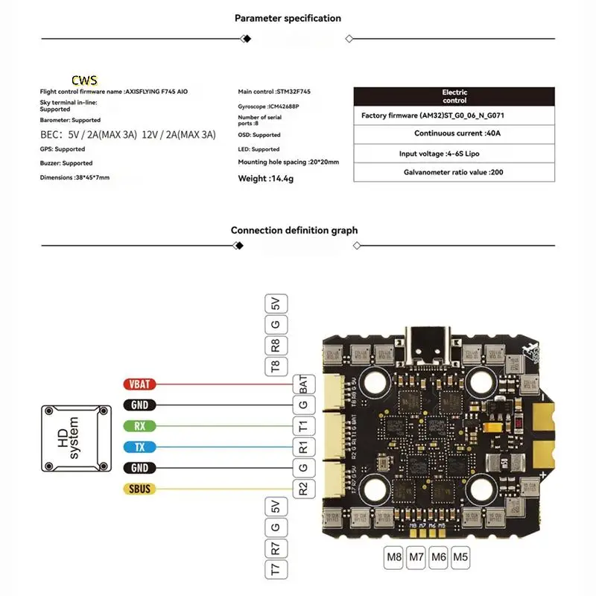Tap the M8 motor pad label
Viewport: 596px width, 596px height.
[x=393, y=556]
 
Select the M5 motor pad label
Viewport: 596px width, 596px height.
[x=460, y=556]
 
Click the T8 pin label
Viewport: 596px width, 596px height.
[x=276, y=365]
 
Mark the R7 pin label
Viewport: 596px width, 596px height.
[x=276, y=550]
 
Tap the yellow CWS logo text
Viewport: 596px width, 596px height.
[x=84, y=80]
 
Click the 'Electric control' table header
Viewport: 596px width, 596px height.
[x=454, y=96]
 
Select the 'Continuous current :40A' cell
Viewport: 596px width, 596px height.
[x=454, y=133]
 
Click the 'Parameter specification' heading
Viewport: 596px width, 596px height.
[x=288, y=18]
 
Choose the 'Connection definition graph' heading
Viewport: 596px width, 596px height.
[x=294, y=230]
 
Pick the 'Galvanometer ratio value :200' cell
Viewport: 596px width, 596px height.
[x=454, y=172]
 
